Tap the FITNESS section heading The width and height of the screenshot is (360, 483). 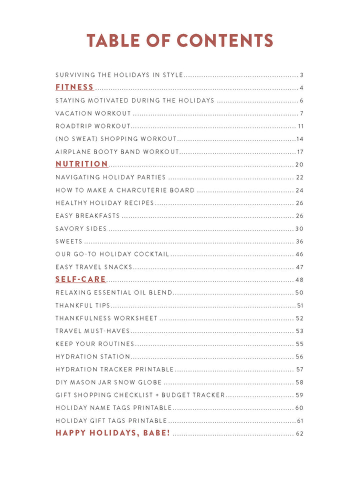pyautogui.click(x=74, y=87)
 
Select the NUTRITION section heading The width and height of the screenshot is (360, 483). pyautogui.click(x=81, y=164)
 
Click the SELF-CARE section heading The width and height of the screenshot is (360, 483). pyautogui.click(x=80, y=279)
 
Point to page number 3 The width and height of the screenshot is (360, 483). pyautogui.click(x=301, y=75)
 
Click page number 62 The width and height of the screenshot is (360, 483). pyautogui.click(x=299, y=433)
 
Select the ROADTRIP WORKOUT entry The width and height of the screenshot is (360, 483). pyautogui.click(x=92, y=126)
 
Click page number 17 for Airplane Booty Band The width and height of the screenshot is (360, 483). pyautogui.click(x=300, y=152)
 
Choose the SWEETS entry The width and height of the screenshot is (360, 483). pyautogui.click(x=69, y=241)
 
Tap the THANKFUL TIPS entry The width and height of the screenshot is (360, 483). pyautogui.click(x=82, y=305)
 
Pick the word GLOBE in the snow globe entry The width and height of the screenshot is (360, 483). pyautogui.click(x=150, y=382)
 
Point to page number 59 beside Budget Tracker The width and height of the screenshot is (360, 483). pyautogui.click(x=299, y=395)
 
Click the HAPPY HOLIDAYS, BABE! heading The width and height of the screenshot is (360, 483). pyautogui.click(x=112, y=433)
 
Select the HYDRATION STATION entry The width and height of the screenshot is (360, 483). pyautogui.click(x=92, y=356)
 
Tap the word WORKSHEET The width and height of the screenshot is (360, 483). pyautogui.click(x=135, y=318)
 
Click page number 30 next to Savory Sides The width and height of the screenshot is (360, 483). pyautogui.click(x=299, y=229)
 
